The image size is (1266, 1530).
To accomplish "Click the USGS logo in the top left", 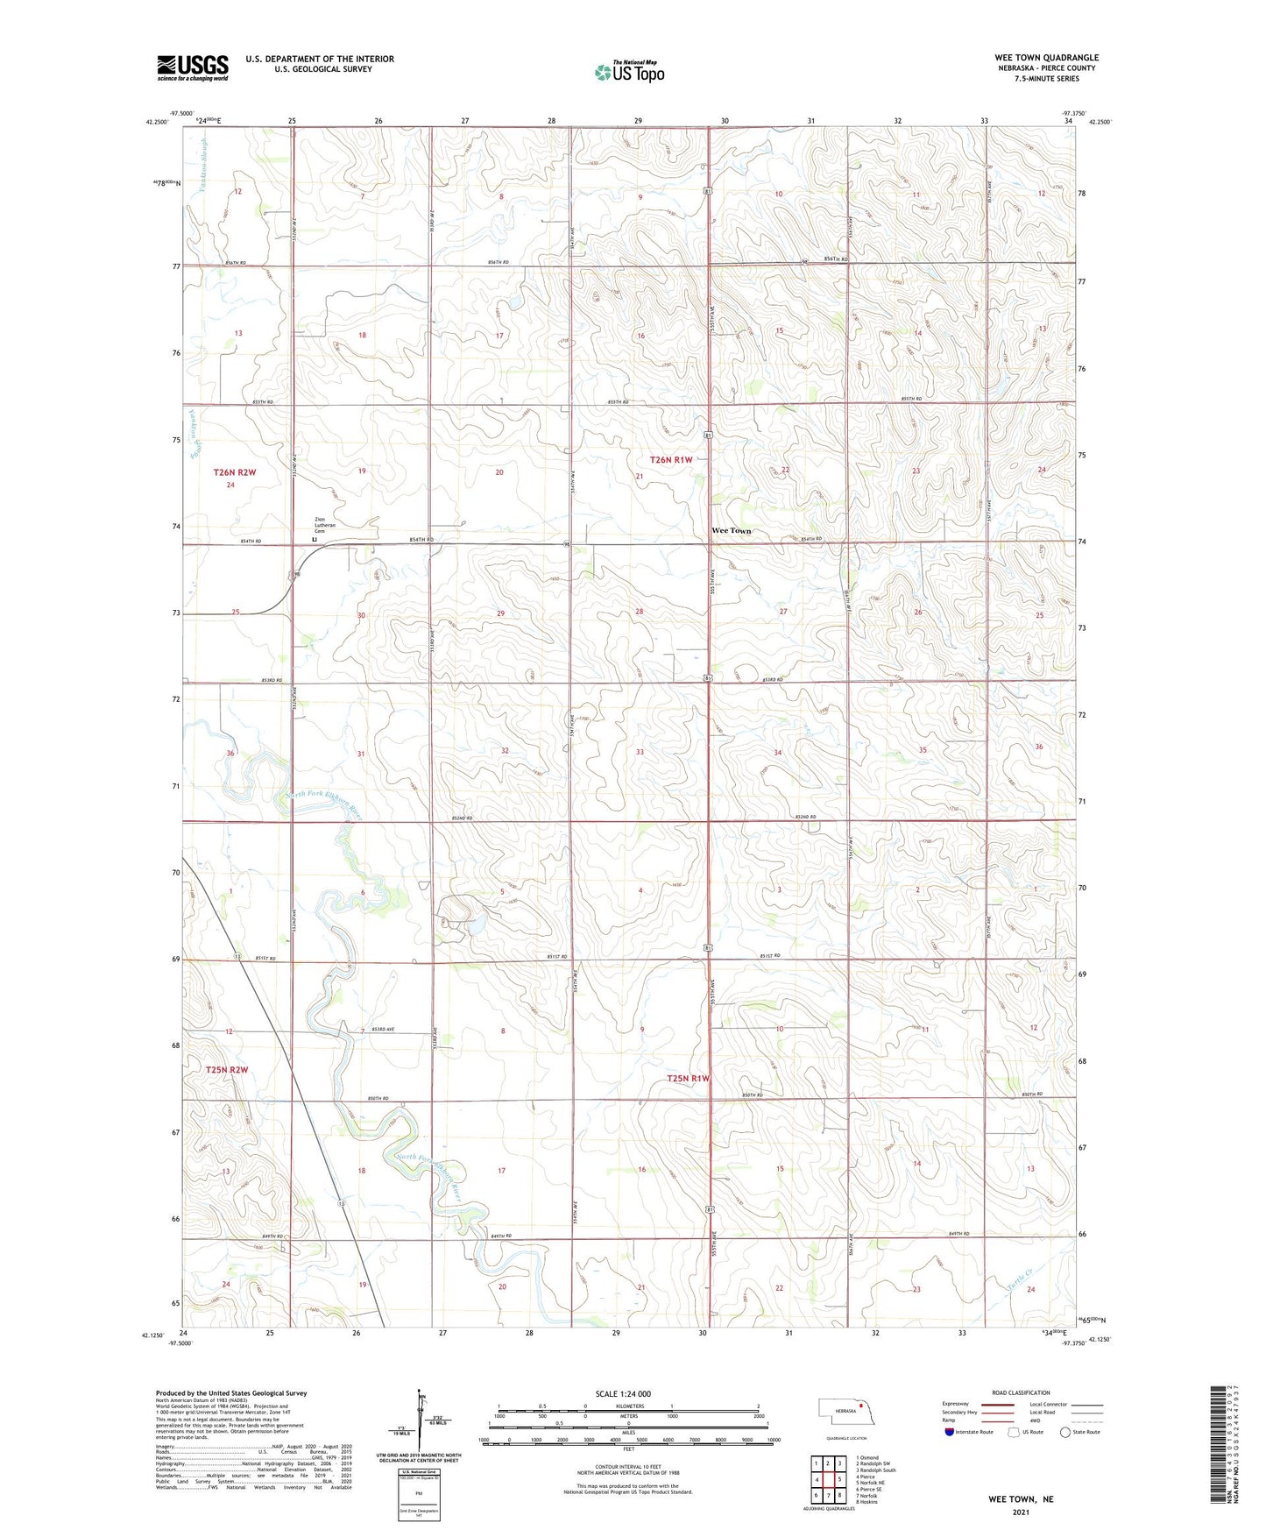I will point(192,67).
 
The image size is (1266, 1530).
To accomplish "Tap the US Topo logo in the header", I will point(629,72).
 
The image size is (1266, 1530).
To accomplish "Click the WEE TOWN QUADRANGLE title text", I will point(1046,58).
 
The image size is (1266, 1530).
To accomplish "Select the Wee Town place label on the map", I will point(731,531).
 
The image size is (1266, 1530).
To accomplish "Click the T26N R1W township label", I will point(671,460).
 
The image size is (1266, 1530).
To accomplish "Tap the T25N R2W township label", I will point(227,1070).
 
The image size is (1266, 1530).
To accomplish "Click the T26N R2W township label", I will point(234,472).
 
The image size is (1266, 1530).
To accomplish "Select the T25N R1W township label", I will point(688,1079).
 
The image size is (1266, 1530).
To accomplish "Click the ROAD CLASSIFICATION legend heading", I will point(1021,1392).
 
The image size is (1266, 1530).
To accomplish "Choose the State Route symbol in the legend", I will point(1065,1432).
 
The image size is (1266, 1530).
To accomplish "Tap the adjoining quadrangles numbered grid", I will point(828,1482).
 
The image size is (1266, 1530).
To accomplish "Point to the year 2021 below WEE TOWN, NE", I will point(1021,1512).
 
